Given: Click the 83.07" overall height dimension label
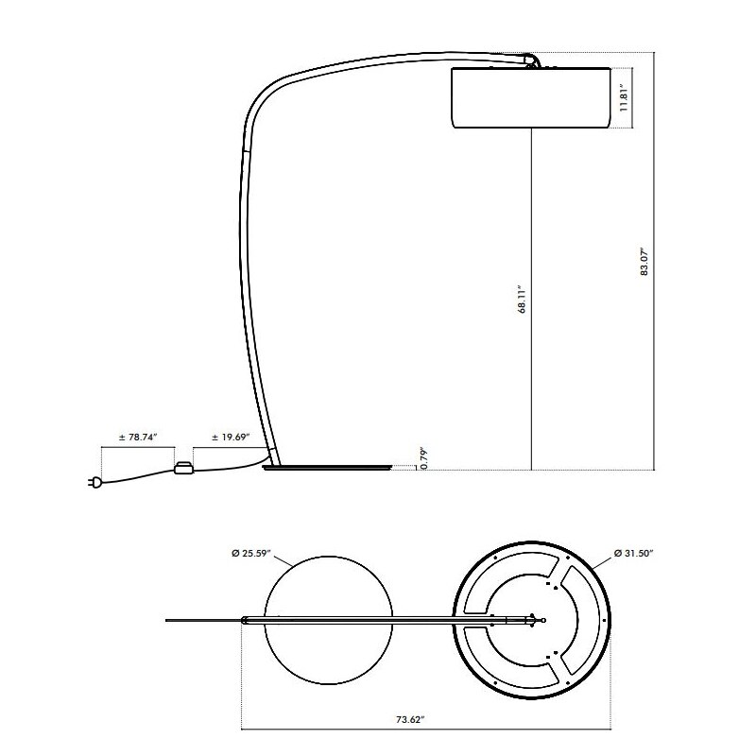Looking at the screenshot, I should (x=644, y=261).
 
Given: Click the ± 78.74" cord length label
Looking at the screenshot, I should (x=137, y=438).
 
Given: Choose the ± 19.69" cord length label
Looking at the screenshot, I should (x=230, y=438).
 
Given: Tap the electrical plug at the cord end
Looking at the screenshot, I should (x=95, y=484).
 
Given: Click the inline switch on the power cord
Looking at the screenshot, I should (x=183, y=467).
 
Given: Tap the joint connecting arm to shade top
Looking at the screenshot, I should (x=534, y=61).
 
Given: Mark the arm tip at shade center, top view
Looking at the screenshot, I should (x=542, y=620).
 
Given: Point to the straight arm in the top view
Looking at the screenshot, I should (x=397, y=620).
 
